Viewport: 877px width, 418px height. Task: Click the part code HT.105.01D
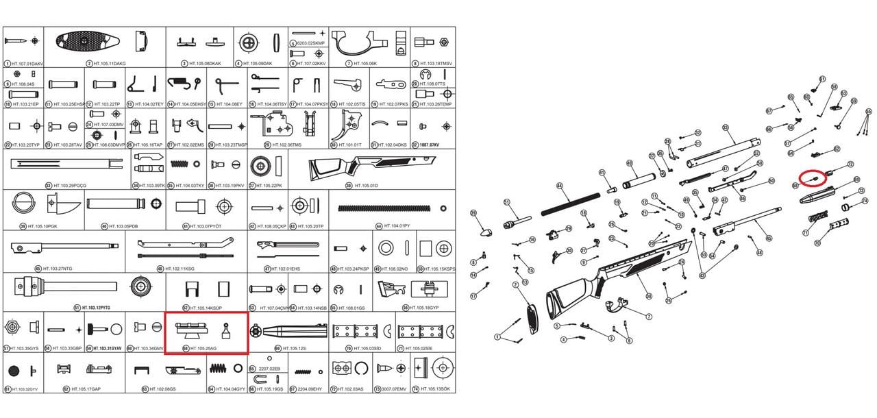coord(368,185)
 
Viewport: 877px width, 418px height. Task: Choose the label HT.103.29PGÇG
coord(71,185)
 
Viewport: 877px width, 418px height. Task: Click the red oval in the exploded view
coord(813,178)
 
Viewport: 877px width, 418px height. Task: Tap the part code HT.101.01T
coord(355,145)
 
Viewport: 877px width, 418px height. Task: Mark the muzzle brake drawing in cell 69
coord(288,331)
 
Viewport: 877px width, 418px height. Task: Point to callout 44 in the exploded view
coord(559,186)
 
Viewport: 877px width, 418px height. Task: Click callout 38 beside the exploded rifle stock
coord(648,296)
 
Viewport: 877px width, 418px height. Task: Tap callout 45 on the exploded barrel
coord(769,238)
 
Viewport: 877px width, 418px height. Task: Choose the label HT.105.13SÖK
coord(435,389)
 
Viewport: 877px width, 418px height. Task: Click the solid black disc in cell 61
coord(12,371)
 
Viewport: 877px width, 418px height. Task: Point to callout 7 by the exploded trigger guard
coord(649,316)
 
